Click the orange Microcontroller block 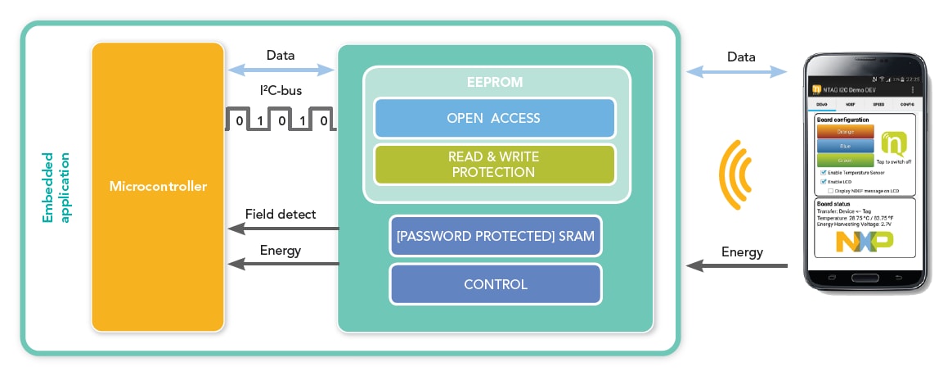point(158,187)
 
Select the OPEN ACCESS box point(494,118)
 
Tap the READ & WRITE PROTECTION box point(494,164)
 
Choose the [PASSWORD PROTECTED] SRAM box point(496,237)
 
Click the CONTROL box point(496,284)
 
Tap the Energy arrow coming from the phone point(736,265)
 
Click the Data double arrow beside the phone point(741,73)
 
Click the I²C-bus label point(281,93)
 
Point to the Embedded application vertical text point(56,187)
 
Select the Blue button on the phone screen point(846,146)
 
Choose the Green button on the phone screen point(846,161)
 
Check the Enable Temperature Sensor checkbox point(823,174)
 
